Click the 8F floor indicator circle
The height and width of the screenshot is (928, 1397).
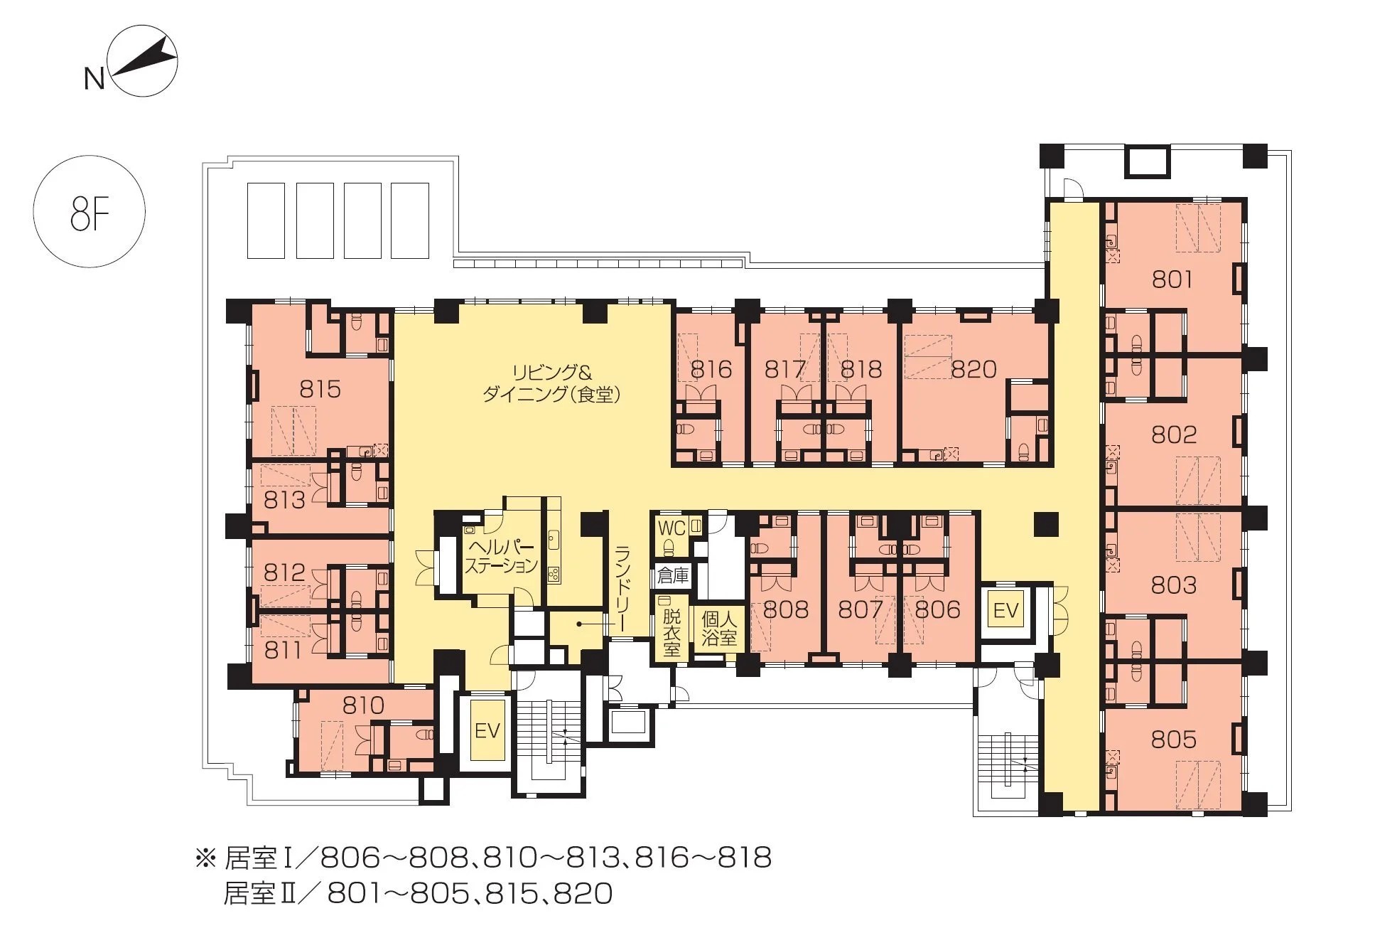(x=90, y=212)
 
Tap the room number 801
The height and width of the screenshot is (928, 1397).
(x=1172, y=279)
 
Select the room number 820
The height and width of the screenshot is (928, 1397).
(x=973, y=370)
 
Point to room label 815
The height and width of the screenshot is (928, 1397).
(x=320, y=389)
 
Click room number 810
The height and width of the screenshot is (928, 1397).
(x=363, y=705)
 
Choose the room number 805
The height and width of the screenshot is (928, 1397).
(x=1174, y=740)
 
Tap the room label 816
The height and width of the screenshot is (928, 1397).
(x=711, y=370)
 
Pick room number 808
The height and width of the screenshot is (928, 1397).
(x=785, y=610)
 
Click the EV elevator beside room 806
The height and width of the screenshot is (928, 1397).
(x=1006, y=611)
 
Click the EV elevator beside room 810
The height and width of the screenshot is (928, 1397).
(x=487, y=730)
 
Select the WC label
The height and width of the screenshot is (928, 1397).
(x=671, y=528)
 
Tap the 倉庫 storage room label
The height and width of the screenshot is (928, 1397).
(x=673, y=575)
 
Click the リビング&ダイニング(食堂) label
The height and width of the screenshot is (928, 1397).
(x=551, y=384)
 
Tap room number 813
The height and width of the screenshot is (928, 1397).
(x=284, y=500)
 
